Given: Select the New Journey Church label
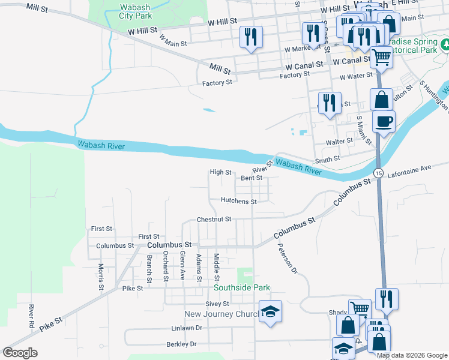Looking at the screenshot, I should (x=220, y=314).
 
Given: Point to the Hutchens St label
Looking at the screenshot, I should (x=238, y=202).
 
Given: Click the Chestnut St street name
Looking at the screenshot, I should (x=214, y=220).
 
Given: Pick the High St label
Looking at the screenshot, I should (x=220, y=172).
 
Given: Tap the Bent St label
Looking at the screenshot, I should (x=252, y=178).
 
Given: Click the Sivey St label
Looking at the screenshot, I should (x=217, y=304).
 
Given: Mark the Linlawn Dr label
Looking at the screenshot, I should (x=187, y=328).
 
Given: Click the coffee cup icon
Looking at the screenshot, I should (x=383, y=122).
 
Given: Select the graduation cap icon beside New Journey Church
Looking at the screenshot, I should (x=270, y=311).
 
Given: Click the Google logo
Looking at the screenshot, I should (x=20, y=353).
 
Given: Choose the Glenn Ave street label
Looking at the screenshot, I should (x=182, y=266).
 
